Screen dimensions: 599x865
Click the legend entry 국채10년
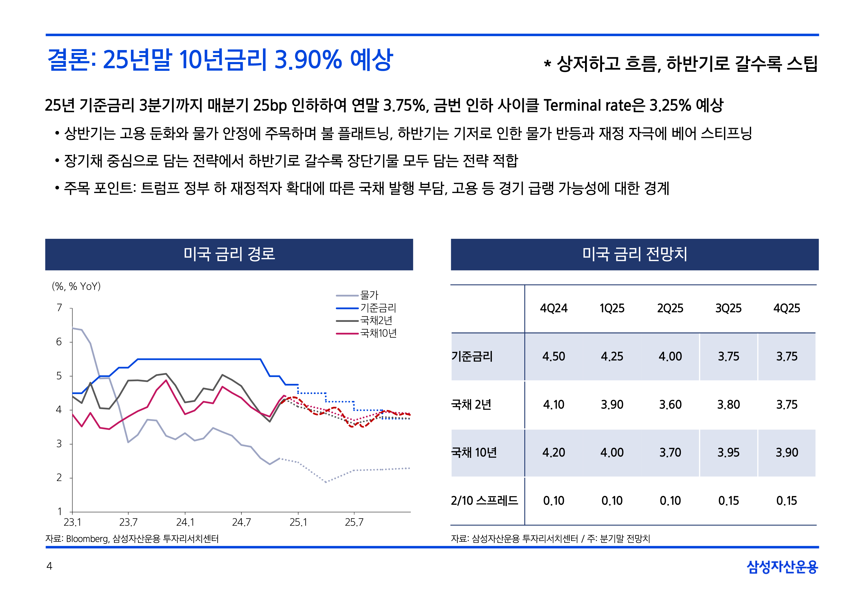tap(378, 333)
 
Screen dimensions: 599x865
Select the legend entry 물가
tap(369, 295)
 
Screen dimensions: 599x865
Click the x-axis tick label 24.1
tap(185, 522)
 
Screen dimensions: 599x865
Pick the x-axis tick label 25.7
tap(354, 522)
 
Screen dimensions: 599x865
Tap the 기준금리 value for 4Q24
tap(554, 356)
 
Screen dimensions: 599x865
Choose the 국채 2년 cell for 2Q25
tap(670, 405)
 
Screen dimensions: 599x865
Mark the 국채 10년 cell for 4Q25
tap(786, 453)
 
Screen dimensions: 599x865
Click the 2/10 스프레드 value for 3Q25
tap(728, 501)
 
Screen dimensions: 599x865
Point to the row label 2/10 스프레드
tap(484, 501)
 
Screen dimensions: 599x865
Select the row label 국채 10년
tap(474, 453)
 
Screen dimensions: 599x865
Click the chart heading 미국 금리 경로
tap(229, 254)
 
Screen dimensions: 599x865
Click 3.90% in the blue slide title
tap(308, 60)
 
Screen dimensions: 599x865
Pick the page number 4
tap(49, 566)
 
